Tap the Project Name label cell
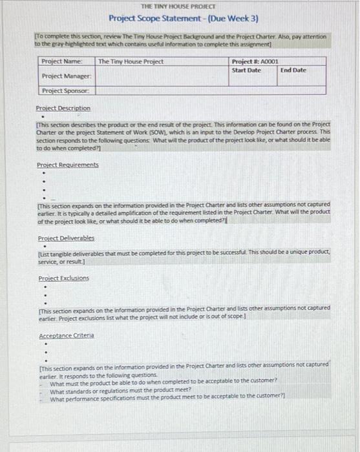click(62, 61)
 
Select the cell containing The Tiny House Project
click(131, 62)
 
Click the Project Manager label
click(65, 76)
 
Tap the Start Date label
click(246, 70)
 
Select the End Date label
click(293, 70)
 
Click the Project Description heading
click(63, 108)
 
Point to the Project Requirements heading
click(67, 165)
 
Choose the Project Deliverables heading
click(66, 238)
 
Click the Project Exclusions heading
click(63, 278)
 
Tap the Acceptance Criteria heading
click(66, 336)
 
